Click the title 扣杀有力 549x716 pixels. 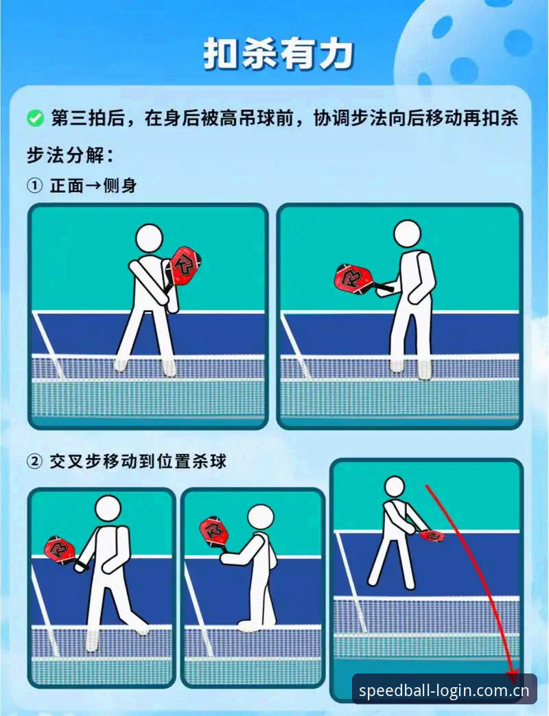click(278, 54)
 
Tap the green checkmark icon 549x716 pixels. click(35, 119)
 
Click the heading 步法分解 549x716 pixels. click(69, 155)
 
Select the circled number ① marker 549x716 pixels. click(34, 186)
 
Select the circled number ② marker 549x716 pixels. click(34, 462)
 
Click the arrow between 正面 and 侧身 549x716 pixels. click(93, 186)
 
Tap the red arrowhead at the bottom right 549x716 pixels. click(512, 676)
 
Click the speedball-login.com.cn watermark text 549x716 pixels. click(444, 690)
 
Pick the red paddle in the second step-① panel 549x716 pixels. click(356, 278)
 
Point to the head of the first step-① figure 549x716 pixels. click(150, 238)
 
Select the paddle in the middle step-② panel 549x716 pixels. click(213, 532)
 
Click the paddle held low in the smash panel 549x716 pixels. click(432, 535)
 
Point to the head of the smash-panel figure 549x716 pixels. click(395, 487)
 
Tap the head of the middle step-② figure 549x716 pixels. click(261, 518)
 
